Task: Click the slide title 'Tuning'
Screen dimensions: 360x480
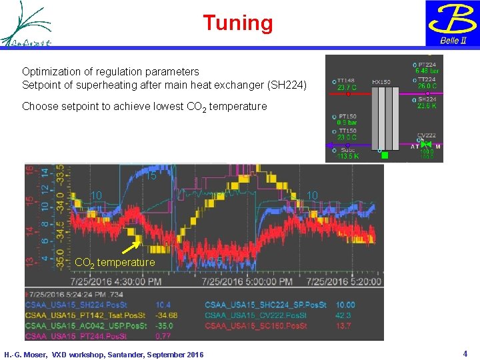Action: (238, 23)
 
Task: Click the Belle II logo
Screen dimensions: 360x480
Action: (453, 23)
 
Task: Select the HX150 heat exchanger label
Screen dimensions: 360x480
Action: (381, 81)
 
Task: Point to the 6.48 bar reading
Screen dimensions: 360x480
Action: (427, 71)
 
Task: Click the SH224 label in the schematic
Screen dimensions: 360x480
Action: (427, 99)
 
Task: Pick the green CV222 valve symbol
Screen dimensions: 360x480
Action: (427, 145)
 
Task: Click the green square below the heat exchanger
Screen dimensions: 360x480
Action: (384, 155)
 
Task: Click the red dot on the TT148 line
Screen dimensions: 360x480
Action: (347, 94)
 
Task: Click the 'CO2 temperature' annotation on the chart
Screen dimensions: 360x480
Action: (115, 263)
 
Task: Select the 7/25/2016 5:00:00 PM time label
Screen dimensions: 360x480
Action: (231, 281)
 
